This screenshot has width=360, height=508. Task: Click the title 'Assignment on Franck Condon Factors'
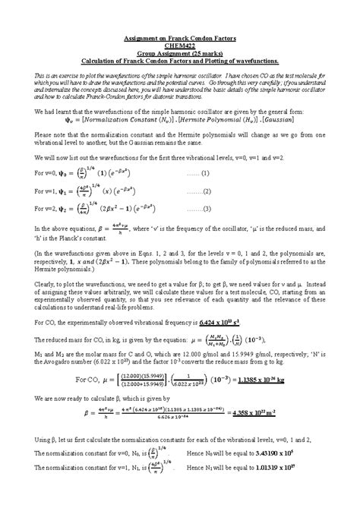tap(179, 38)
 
